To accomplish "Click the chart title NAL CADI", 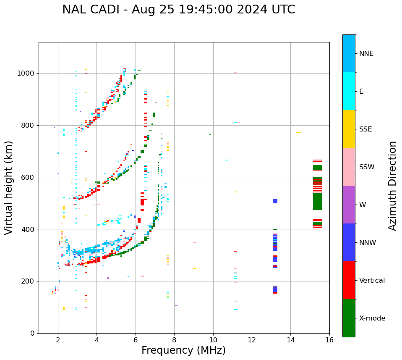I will pos(178,10).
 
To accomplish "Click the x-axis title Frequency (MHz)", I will pos(183,350).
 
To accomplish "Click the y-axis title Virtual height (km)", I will pos(9,188).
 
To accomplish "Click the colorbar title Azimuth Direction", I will pos(392,186).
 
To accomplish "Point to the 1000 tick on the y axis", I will pos(27,73).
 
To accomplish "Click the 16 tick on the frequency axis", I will pos(329,340).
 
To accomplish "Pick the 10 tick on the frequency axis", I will pos(213,340).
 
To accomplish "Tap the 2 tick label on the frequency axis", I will pos(58,340).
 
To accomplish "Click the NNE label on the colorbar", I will pos(366,54).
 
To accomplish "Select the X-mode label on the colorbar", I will pos(372,318).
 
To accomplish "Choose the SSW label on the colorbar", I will pos(367,167).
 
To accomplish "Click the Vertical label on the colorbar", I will pos(372,281).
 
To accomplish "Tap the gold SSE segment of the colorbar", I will pos(349,129).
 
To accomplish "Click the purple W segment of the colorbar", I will pos(349,205).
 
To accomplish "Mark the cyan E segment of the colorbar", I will pos(349,91).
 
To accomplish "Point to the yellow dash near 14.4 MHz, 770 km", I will pos(298,133).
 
